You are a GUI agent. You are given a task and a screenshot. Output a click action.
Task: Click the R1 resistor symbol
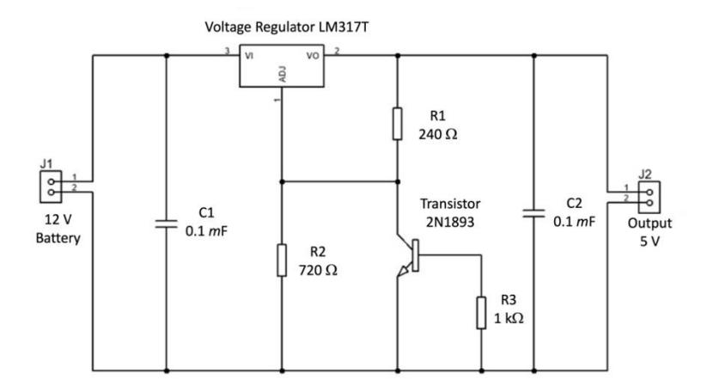coord(397,124)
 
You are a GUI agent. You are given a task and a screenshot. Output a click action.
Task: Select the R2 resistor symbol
coord(282,260)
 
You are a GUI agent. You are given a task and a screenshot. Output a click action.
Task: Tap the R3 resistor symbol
coord(481,313)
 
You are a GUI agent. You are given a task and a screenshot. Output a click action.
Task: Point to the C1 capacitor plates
coord(167,224)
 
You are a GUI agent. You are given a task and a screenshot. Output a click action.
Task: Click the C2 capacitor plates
coord(533,213)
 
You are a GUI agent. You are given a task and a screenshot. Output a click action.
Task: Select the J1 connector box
coord(51,187)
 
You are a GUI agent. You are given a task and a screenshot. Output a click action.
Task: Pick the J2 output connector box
coord(649,198)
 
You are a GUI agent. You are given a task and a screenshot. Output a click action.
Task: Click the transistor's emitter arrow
coord(403,271)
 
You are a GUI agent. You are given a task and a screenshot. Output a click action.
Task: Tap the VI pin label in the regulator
coord(249,56)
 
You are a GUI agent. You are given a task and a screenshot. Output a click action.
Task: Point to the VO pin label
coord(313,56)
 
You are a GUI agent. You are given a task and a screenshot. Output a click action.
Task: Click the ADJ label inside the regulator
coord(282,74)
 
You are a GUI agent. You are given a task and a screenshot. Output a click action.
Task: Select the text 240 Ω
coord(437,134)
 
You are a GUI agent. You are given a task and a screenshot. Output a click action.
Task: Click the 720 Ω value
coord(318,270)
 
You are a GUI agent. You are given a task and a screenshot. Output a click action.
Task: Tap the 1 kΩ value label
coord(509,318)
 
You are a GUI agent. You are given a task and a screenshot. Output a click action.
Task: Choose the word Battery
coord(58,238)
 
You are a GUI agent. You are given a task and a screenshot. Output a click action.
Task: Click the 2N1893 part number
coord(450,222)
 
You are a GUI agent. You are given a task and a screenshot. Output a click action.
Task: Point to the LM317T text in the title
coord(344,27)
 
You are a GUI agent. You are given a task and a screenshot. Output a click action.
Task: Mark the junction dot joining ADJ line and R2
coord(282,181)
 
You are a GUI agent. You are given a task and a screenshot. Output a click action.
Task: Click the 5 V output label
coord(649,242)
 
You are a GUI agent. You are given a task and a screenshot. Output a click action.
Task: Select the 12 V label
coord(58,220)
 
